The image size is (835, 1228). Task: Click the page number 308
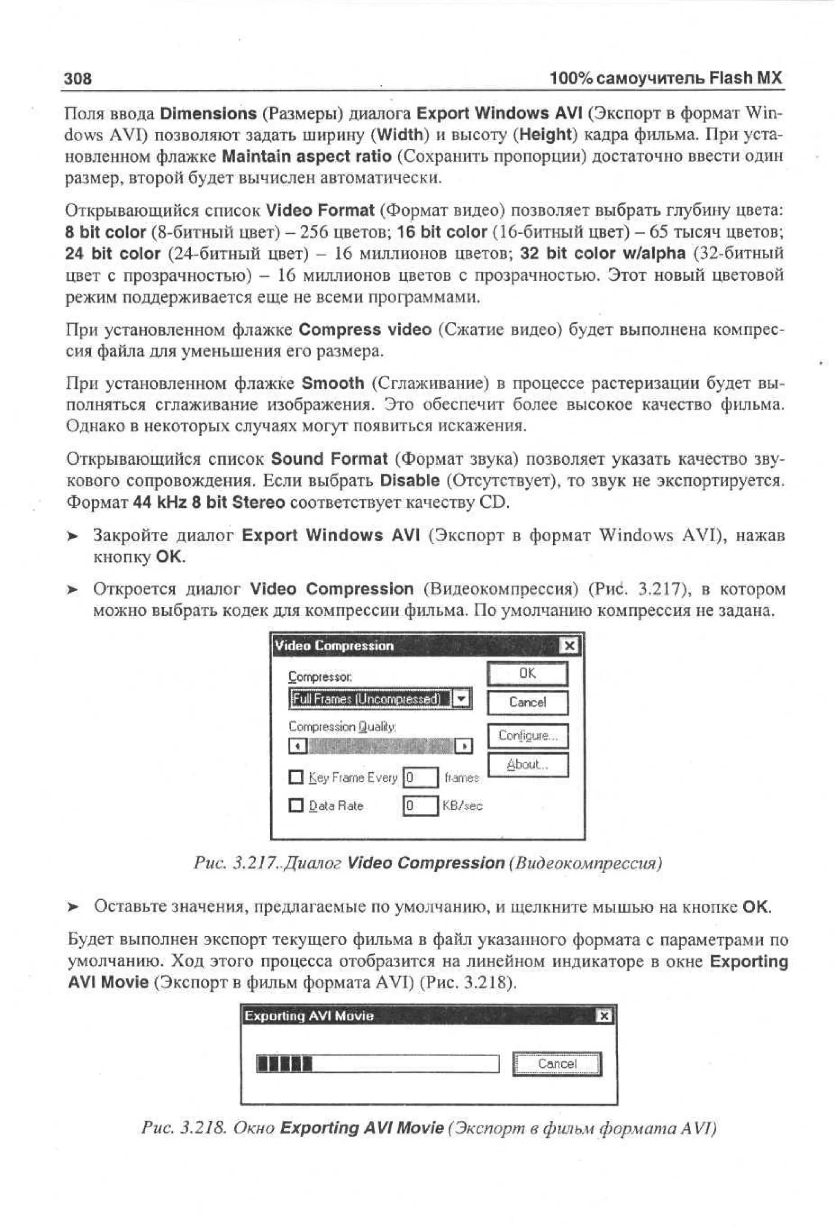(77, 79)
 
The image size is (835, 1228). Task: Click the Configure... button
(527, 736)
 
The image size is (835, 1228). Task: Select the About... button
(527, 764)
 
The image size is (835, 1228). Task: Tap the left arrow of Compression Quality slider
(297, 746)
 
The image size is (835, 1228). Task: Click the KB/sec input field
(420, 805)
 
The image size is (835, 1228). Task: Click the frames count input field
(420, 777)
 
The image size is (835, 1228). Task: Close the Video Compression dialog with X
(569, 646)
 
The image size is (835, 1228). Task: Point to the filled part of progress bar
(284, 1063)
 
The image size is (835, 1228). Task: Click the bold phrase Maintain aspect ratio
(307, 156)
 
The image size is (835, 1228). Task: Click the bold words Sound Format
(329, 458)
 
